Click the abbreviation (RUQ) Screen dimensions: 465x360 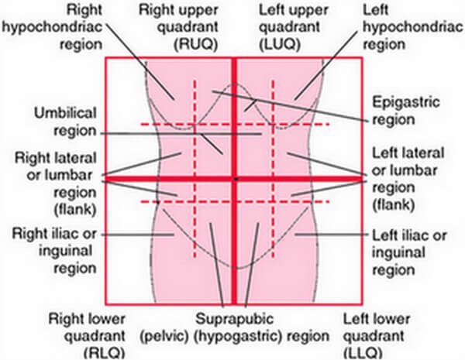pos(196,44)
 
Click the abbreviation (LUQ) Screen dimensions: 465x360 pos(280,44)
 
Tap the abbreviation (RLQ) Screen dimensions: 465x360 pos(104,353)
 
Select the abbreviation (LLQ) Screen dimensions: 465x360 pos(363,353)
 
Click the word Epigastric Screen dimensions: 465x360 pos(406,103)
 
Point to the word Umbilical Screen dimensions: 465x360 pos(66,113)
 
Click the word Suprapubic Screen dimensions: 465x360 pos(234,320)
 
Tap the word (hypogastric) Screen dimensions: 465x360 pos(238,337)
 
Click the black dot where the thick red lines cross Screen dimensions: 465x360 pos(236,180)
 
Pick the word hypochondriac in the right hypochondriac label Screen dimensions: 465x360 pos(53,27)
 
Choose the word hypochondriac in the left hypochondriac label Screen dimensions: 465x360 pos(413,27)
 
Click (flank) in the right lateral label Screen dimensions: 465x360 pos(75,210)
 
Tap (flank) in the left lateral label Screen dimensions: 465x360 pos(393,205)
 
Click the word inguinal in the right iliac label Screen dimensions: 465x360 pos(66,252)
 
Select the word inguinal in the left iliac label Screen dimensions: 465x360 pos(399,253)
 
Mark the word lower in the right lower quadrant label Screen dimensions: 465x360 pos(107,320)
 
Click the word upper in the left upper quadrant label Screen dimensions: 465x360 pos(309,11)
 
